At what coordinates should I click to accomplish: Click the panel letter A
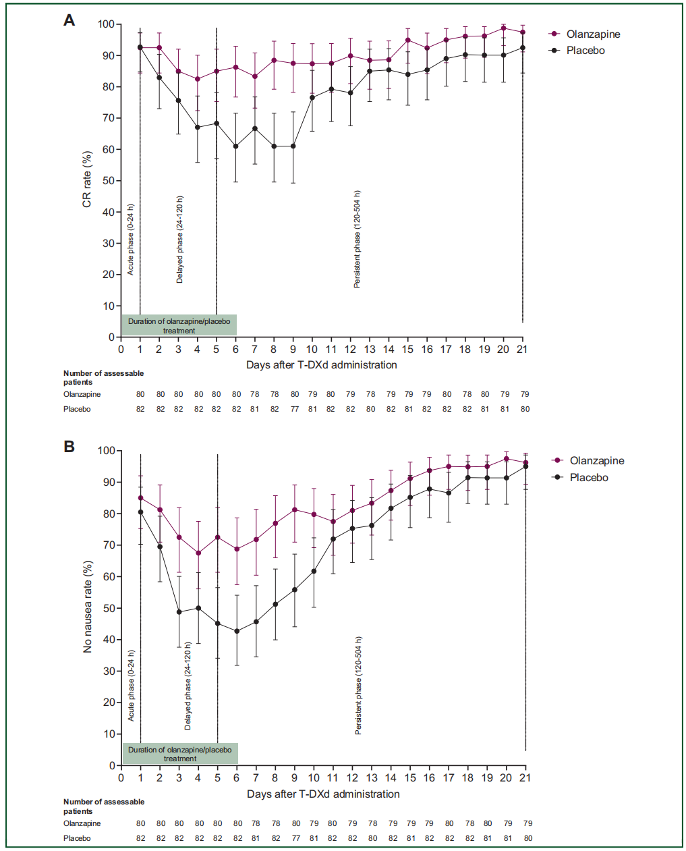pyautogui.click(x=69, y=20)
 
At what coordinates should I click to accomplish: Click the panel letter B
pyautogui.click(x=69, y=447)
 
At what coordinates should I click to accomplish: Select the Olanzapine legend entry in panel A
pyautogui.click(x=593, y=34)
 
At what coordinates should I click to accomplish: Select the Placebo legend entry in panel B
pyautogui.click(x=588, y=477)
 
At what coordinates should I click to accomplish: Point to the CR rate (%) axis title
pyautogui.click(x=87, y=180)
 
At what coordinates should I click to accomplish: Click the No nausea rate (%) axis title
pyautogui.click(x=87, y=607)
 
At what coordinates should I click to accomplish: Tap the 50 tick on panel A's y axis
pyautogui.click(x=107, y=181)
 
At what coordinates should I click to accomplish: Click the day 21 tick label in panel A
pyautogui.click(x=522, y=349)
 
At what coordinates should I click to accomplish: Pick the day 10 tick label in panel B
pyautogui.click(x=314, y=777)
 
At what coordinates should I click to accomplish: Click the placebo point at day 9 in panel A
pyautogui.click(x=293, y=146)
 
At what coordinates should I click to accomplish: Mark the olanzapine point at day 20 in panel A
pyautogui.click(x=503, y=28)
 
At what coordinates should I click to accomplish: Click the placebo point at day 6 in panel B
pyautogui.click(x=237, y=632)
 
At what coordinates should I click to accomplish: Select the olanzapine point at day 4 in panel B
pyautogui.click(x=198, y=553)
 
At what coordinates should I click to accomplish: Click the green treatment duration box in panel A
pyautogui.click(x=179, y=326)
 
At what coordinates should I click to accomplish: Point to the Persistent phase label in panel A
pyautogui.click(x=358, y=240)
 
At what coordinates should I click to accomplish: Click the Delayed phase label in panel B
pyautogui.click(x=188, y=686)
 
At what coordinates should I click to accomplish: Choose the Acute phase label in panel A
pyautogui.click(x=131, y=240)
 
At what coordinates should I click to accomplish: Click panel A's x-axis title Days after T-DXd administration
pyautogui.click(x=321, y=364)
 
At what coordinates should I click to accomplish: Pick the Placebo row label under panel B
pyautogui.click(x=77, y=838)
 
